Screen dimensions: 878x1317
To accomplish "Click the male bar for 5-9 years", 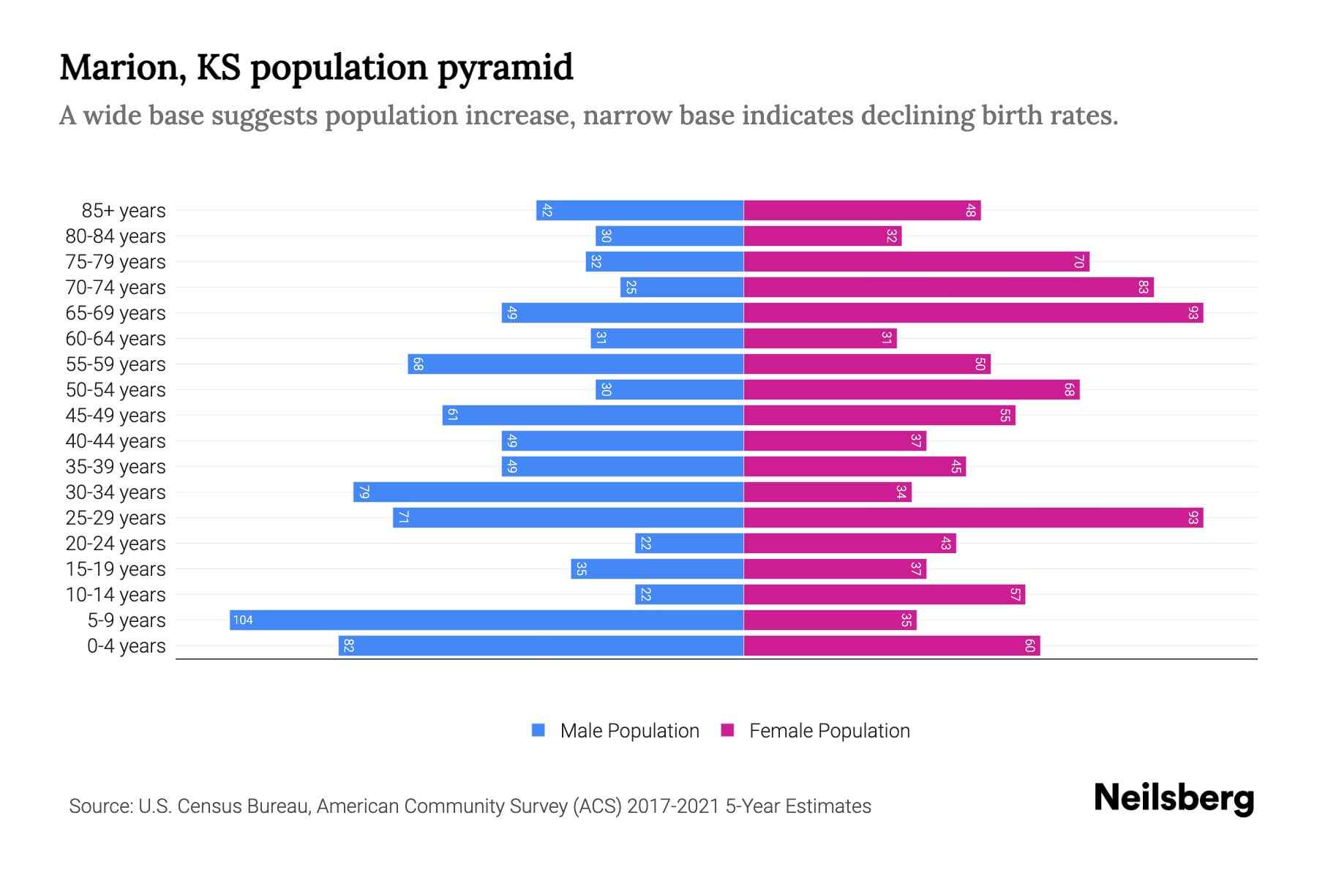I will click(x=487, y=620).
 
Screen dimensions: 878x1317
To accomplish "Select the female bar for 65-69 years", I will click(x=973, y=313).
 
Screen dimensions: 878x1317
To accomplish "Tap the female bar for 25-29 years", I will click(x=973, y=518).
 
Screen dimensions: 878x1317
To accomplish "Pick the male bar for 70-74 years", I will click(x=682, y=288).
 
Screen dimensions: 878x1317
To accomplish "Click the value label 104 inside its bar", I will click(x=243, y=620).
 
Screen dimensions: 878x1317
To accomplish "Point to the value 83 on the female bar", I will click(x=1143, y=288).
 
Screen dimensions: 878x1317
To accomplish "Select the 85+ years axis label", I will click(x=123, y=211).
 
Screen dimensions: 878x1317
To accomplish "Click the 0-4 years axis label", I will click(x=126, y=646).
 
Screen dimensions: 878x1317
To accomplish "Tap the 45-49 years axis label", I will click(x=116, y=416).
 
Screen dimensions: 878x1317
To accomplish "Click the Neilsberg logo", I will click(x=1174, y=798).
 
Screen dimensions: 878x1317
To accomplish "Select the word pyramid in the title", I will click(x=506, y=68).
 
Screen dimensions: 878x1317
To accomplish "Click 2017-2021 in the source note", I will click(x=673, y=806).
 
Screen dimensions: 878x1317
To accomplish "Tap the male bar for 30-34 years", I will click(x=549, y=492).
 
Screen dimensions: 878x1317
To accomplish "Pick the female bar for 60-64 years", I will click(x=819, y=339).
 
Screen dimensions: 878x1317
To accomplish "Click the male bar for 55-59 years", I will click(x=576, y=364).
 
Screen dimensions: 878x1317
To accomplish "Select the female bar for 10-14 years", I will click(x=884, y=595).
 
